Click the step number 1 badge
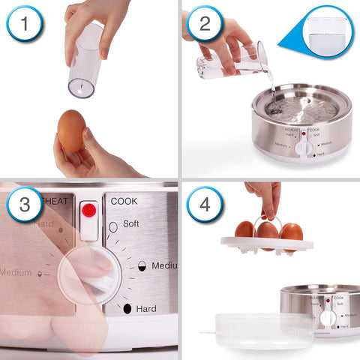tap(25, 25)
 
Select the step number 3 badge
tap(25, 205)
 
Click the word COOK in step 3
tap(124, 201)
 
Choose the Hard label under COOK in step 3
tap(146, 308)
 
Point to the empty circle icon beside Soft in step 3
tap(113, 226)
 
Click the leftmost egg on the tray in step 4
tap(244, 229)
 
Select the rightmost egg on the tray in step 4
tap(291, 231)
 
